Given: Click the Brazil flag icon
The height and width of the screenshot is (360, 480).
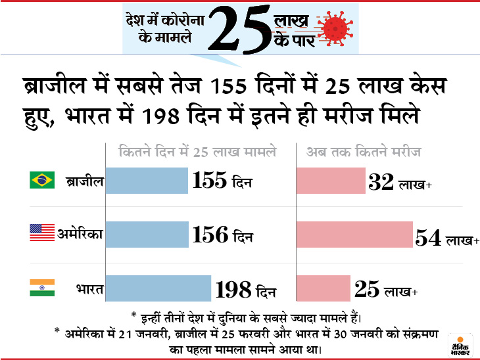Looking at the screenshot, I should click(x=41, y=180).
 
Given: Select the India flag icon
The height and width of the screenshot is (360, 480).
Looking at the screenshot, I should click(x=41, y=287).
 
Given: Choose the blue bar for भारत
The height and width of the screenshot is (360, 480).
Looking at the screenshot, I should click(x=158, y=288).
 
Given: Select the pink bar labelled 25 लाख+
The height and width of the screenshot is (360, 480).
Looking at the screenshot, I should click(x=323, y=288).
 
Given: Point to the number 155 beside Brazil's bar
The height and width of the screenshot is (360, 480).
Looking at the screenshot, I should click(x=210, y=181).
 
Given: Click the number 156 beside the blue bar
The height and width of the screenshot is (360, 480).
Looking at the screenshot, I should click(x=210, y=235).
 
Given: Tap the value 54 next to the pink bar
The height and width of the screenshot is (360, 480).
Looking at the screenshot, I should click(x=428, y=238).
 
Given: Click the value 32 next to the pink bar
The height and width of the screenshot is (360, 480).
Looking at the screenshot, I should click(x=381, y=182).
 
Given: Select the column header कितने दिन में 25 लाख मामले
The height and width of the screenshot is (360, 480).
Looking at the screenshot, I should click(x=197, y=152).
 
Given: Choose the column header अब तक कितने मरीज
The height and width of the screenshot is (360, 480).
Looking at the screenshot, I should click(x=364, y=152).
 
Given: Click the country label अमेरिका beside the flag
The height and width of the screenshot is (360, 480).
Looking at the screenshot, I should click(x=81, y=234).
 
